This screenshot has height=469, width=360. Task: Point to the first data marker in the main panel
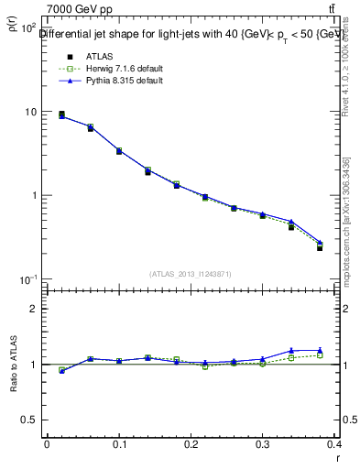[x=61, y=115]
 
